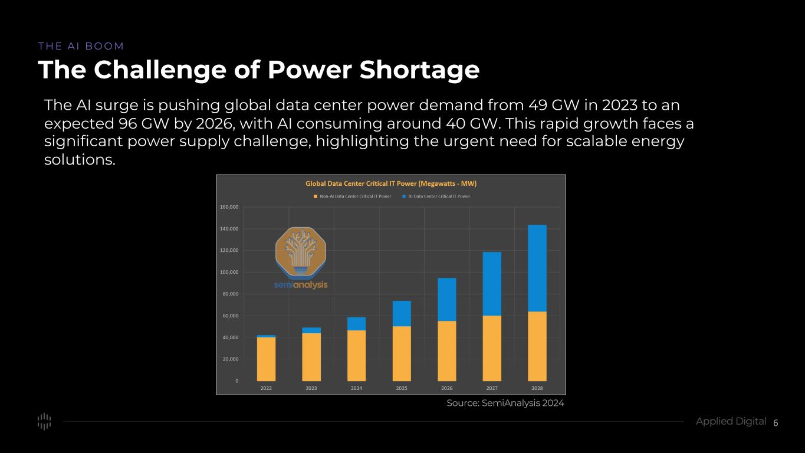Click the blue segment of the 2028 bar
537,268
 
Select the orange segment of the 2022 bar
266,359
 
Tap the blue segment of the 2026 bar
446,299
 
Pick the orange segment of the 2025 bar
402,353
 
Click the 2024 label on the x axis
356,388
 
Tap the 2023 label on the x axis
311,388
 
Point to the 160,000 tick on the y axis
229,207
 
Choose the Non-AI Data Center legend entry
352,196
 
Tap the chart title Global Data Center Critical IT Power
390,183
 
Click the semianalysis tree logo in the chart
301,252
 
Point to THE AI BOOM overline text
81,46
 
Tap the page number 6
776,423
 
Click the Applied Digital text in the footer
731,421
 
